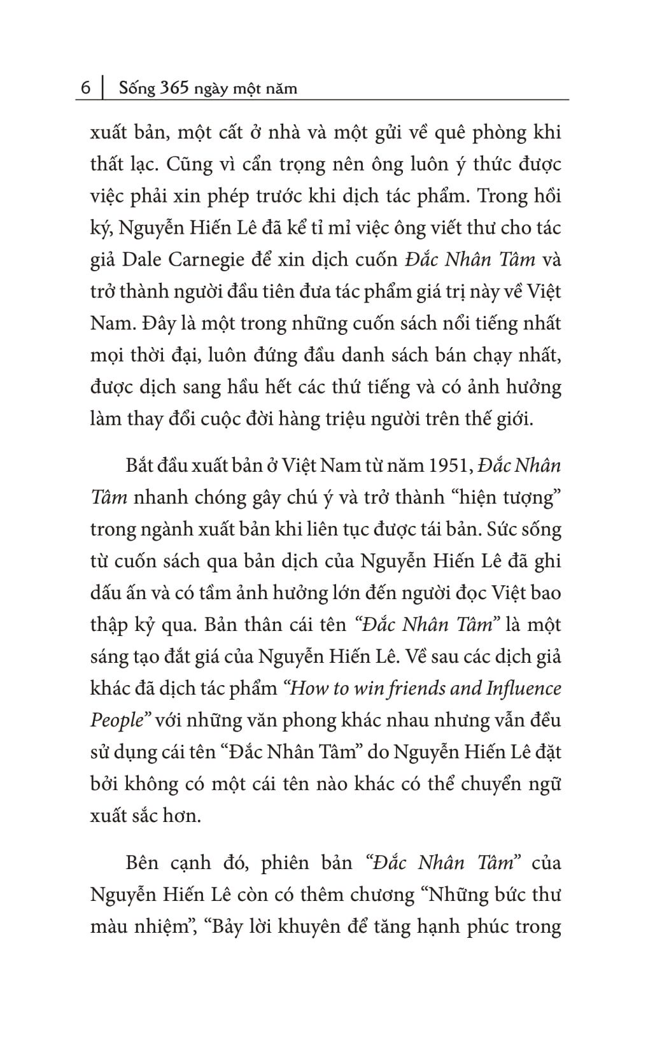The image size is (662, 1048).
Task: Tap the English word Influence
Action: [524, 688]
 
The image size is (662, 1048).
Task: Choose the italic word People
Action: [116, 720]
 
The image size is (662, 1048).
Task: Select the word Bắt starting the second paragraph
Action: [140, 465]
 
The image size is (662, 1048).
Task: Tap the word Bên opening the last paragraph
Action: [142, 863]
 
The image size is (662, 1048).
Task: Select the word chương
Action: [374, 895]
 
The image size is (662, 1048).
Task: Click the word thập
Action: [109, 625]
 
